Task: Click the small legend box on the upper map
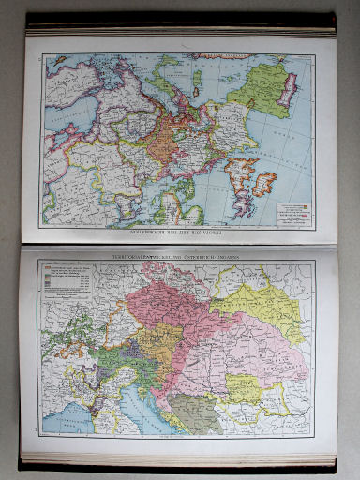click(x=291, y=207)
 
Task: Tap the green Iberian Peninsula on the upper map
click(x=258, y=89)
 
